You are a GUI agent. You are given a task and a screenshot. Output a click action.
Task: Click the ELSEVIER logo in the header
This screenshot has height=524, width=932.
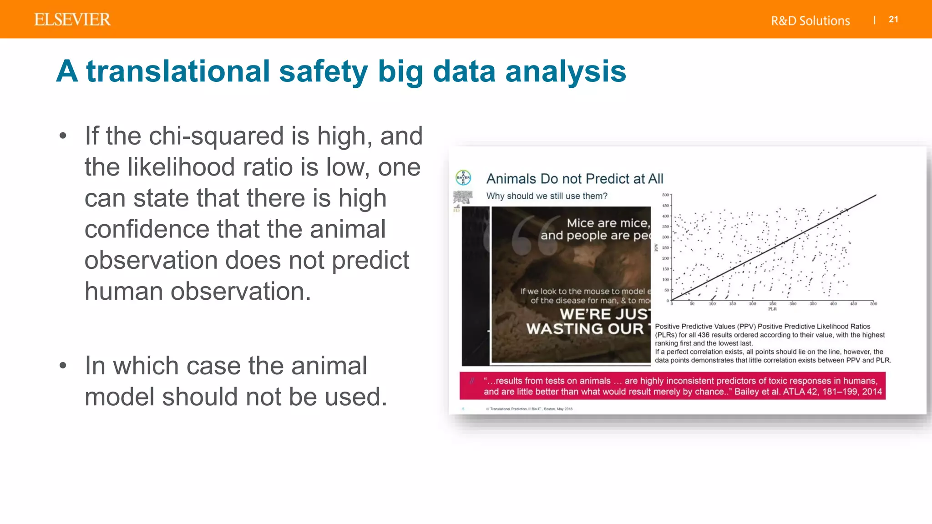pos(72,20)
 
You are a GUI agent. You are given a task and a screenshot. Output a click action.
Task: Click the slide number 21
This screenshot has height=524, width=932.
pos(893,20)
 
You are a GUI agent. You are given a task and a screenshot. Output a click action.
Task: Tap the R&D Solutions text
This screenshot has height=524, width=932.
pos(810,21)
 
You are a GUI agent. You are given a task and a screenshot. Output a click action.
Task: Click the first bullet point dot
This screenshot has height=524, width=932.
pos(63,136)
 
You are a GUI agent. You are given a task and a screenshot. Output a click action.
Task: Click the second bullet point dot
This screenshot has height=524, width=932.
pos(63,365)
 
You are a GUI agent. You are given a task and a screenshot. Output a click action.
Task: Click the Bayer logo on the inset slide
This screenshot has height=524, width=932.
pos(463,178)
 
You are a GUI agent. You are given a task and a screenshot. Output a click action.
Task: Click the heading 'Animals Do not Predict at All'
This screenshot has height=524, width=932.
pos(574,179)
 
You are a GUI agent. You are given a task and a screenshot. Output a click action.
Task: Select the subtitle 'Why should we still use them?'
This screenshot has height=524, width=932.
pos(547,196)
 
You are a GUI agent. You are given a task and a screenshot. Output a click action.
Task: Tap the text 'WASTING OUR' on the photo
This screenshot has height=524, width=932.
pos(585,329)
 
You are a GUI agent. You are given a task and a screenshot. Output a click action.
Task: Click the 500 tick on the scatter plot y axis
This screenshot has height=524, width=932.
pos(665,195)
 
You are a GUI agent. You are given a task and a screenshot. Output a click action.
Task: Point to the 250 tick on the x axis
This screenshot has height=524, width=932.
pos(773,303)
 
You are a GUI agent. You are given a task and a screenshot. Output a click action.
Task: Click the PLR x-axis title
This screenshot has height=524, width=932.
pos(772,309)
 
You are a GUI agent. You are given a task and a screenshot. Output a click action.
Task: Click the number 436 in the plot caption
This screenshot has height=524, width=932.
pos(704,335)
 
